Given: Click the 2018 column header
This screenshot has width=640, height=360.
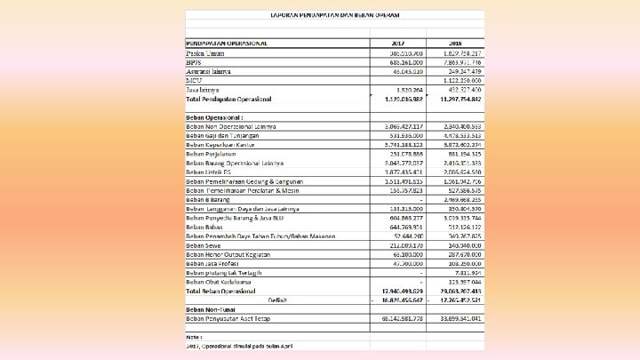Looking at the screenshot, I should [456, 43].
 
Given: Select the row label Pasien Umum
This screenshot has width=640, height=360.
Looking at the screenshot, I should [205, 53].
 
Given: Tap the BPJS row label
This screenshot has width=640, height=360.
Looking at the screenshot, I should [193, 62].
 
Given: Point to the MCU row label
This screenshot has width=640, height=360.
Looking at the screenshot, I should [193, 81].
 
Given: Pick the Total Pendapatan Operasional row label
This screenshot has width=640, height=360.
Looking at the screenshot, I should [229, 99].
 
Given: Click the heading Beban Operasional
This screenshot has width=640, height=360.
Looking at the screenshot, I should [214, 117].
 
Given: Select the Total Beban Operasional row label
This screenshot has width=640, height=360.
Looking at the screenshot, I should [224, 291].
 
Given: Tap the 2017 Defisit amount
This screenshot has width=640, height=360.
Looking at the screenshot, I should [396, 300].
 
